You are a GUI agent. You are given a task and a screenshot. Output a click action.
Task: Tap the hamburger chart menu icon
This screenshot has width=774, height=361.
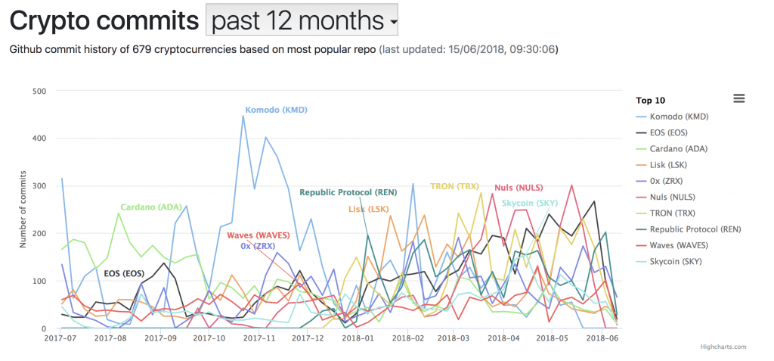[x=738, y=98]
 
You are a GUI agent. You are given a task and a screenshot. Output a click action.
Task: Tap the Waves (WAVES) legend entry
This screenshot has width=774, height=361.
[x=685, y=245]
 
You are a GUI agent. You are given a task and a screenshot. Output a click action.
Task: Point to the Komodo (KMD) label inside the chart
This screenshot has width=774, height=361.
[x=276, y=110]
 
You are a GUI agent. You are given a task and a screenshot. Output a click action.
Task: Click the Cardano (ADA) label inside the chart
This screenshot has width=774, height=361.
[x=151, y=206]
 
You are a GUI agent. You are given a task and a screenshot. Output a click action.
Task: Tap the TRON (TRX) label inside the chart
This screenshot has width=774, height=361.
[x=454, y=186]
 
